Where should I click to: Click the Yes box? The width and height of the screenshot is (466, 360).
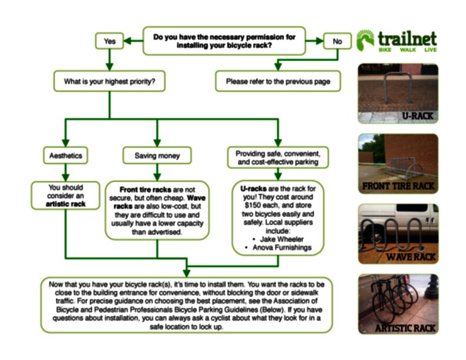coord(109,41)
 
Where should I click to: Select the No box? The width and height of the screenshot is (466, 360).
coord(337,41)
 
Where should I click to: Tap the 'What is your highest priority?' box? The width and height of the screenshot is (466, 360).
coord(109,81)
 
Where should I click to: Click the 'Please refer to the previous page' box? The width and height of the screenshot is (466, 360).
coord(278,81)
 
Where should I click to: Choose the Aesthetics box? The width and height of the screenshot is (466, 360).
coord(66,156)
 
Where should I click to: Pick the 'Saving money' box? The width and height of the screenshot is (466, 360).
coord(157,156)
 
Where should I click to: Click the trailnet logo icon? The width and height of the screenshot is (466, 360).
coord(365,40)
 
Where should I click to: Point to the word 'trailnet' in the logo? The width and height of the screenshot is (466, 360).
coord(407,39)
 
